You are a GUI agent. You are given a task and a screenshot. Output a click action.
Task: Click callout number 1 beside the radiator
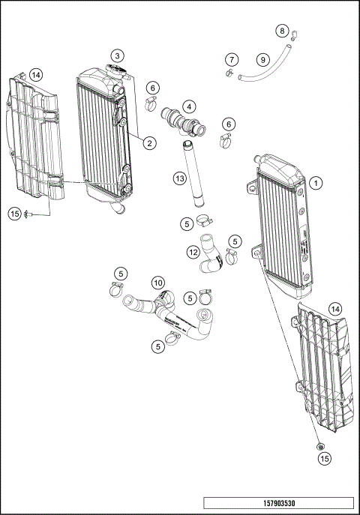(316, 182)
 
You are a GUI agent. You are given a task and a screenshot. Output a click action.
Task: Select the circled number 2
(150, 142)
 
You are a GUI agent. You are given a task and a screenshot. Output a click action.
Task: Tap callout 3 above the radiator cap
(118, 55)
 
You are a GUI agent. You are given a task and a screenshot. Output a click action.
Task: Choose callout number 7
(232, 59)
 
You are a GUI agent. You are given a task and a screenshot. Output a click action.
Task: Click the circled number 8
(282, 31)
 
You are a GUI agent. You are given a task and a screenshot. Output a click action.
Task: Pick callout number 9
(262, 59)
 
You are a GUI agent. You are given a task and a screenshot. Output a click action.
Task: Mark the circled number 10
(157, 283)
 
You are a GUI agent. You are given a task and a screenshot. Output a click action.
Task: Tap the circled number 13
(179, 178)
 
